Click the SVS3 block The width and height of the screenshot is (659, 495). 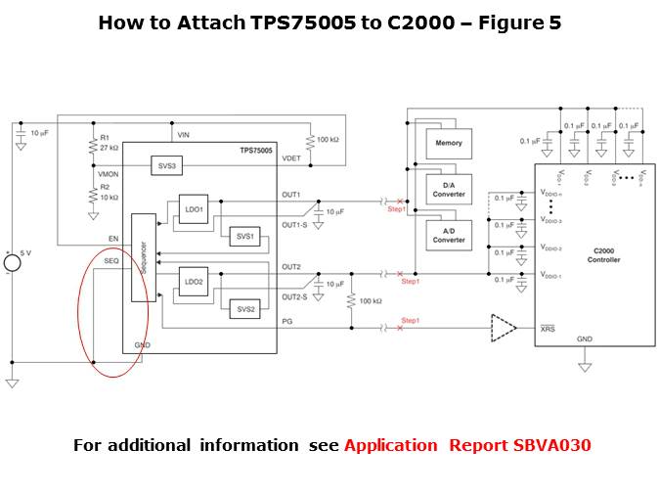pos(165,167)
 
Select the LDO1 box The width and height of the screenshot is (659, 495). pos(194,209)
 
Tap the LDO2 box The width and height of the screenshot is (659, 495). pos(194,282)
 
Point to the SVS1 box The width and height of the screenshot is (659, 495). pos(242,236)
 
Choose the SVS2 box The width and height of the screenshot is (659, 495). pos(242,309)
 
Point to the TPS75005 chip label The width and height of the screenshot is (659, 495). pos(256,151)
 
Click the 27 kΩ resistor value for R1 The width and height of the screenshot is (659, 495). pos(110,148)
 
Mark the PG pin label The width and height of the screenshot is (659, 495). pos(288,320)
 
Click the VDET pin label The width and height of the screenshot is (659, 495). pos(290,157)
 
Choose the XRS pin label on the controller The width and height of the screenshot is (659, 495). pos(549,330)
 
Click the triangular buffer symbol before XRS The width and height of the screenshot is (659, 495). pos(505,329)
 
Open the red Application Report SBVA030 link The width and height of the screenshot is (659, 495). pos(467,445)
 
